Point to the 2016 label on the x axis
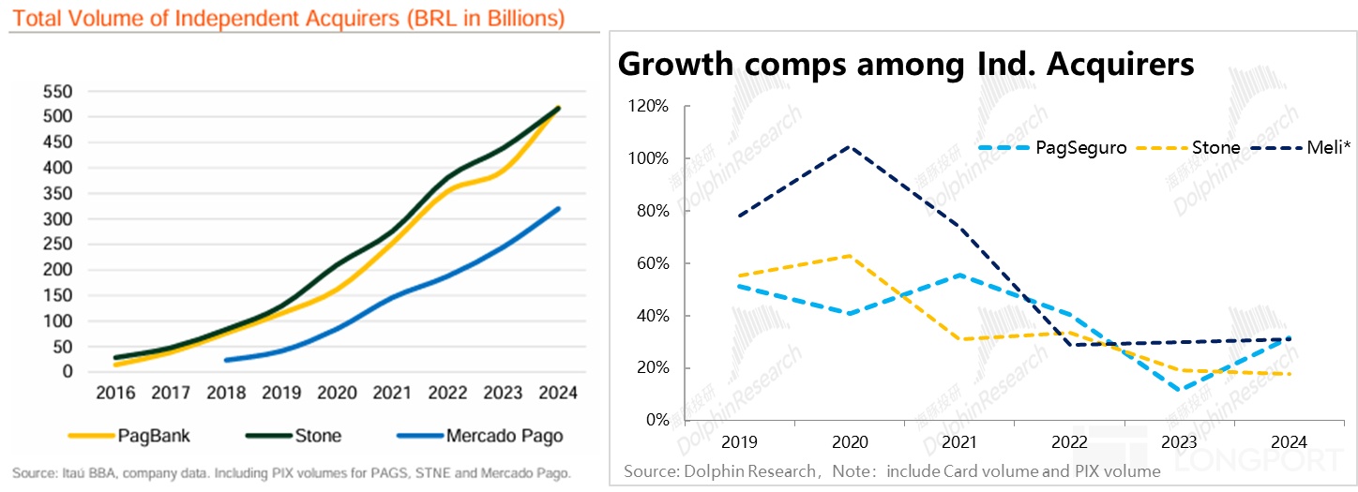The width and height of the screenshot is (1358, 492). click(115, 393)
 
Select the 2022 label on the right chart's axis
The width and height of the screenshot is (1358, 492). click(1071, 441)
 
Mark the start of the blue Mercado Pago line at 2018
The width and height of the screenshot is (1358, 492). click(226, 360)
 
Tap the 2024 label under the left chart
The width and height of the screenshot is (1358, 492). click(558, 393)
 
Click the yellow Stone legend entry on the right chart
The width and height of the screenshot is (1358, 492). click(1216, 147)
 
